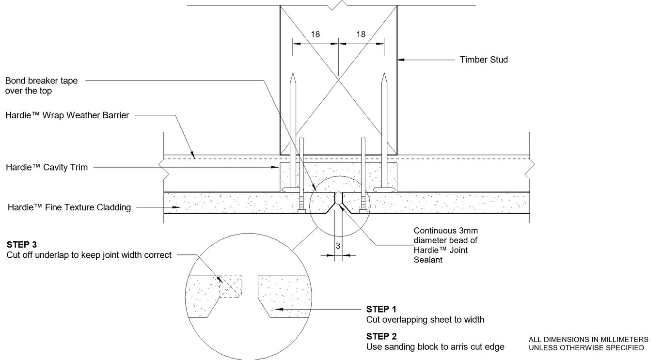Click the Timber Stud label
483,60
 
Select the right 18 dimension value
361,34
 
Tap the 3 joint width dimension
338,246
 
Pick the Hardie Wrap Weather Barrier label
67,116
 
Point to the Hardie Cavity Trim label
47,167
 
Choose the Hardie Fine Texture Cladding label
69,207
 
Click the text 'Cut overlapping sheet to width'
425,320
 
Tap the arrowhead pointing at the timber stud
400,60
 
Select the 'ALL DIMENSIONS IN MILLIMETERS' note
588,339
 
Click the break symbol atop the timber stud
338,7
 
